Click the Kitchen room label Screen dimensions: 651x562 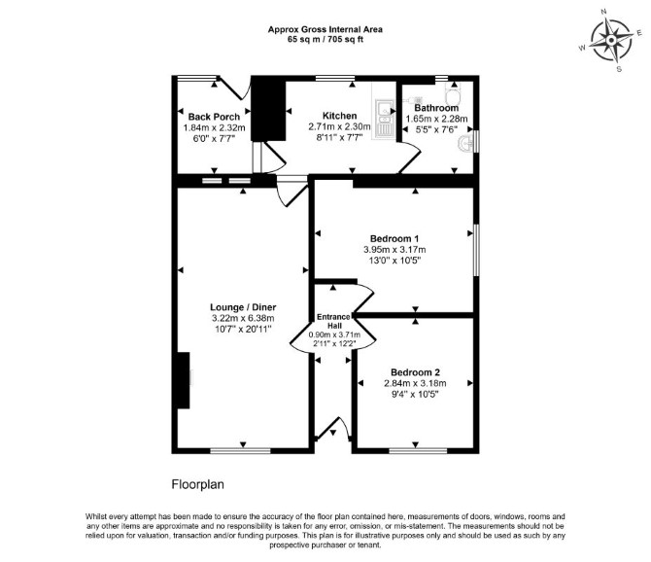point(340,116)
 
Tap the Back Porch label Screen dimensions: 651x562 point(214,117)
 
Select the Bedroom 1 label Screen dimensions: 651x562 point(394,239)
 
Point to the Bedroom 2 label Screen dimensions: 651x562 point(415,372)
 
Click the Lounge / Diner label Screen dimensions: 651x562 point(243,307)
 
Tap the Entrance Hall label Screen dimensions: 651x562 point(334,321)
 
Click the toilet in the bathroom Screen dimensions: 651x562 point(452,93)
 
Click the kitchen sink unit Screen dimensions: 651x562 point(385,118)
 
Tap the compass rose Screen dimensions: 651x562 point(611,40)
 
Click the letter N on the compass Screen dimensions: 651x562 point(604,12)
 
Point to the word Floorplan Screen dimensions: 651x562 point(197,485)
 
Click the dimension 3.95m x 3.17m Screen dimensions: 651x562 point(394,250)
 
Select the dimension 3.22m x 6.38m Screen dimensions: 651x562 point(243,318)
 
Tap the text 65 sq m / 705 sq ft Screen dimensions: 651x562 point(325,40)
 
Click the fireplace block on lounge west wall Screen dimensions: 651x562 point(183,380)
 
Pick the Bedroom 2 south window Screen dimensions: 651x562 point(418,451)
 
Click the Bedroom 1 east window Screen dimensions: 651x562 point(476,250)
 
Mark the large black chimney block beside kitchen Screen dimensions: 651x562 point(268,110)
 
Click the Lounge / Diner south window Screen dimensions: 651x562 point(241,451)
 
